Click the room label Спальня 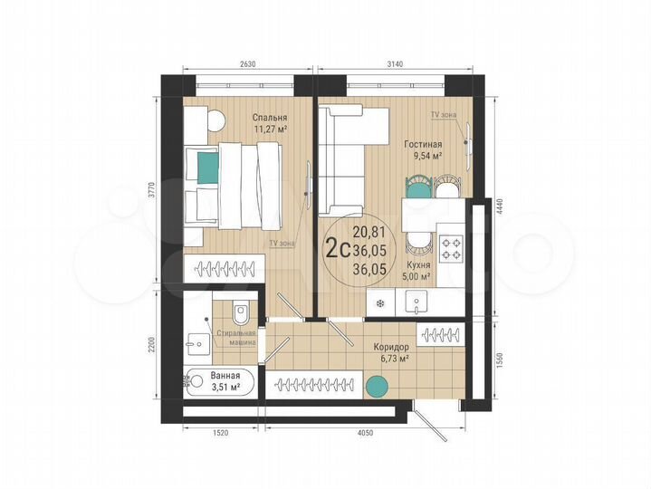(271, 118)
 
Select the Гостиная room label (423, 144)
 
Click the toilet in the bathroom (240, 313)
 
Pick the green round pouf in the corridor (376, 388)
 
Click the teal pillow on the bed (207, 165)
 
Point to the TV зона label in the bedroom (281, 244)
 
